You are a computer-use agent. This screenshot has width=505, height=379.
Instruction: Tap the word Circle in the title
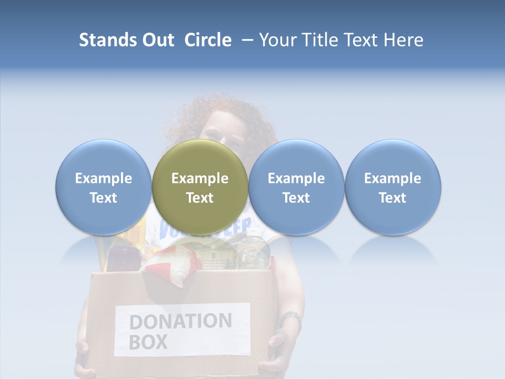(x=208, y=40)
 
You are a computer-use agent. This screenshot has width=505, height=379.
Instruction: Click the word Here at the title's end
(x=403, y=40)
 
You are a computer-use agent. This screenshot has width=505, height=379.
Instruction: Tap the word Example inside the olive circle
(x=200, y=178)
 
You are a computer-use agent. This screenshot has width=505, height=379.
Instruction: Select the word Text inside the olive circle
(x=200, y=198)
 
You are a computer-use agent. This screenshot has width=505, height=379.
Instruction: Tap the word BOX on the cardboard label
(x=148, y=342)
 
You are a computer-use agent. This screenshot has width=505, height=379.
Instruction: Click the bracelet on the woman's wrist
(x=290, y=318)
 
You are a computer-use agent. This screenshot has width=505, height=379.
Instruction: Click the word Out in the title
(x=156, y=40)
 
